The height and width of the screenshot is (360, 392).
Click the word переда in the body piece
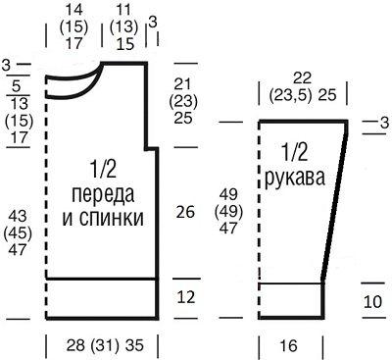(103, 190)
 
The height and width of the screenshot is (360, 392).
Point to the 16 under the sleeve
(290, 346)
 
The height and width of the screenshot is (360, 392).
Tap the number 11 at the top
(123, 9)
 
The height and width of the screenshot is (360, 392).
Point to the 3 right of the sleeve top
(380, 122)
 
